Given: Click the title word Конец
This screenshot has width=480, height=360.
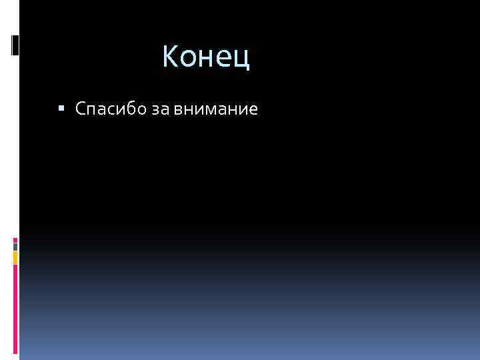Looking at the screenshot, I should [206, 57].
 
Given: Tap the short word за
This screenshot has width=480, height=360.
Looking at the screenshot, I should [161, 109].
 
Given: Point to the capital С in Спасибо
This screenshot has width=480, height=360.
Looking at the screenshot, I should [81, 109].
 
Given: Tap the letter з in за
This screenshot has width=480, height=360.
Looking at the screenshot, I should [156, 110].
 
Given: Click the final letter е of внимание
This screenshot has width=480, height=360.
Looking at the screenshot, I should [253, 110].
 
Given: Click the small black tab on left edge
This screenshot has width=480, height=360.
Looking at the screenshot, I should [15, 45].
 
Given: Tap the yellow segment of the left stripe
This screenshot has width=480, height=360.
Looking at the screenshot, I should [15, 256].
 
